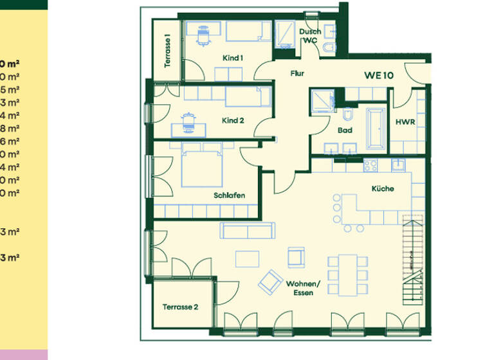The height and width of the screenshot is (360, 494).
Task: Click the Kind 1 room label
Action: [233, 58]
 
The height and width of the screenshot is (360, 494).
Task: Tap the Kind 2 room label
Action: [233, 120]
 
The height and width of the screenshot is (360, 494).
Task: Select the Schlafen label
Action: [230, 196]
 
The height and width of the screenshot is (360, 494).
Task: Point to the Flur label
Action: [297, 73]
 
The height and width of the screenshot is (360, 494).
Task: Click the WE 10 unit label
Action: [379, 74]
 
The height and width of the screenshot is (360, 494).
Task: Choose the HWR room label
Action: [405, 122]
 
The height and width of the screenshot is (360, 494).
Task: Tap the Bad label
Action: [345, 130]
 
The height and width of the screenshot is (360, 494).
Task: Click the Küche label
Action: [382, 189]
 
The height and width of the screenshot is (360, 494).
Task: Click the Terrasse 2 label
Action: [180, 307]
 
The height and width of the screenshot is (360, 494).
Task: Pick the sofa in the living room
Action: [248, 230]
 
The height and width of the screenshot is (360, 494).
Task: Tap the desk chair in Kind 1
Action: [205, 35]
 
